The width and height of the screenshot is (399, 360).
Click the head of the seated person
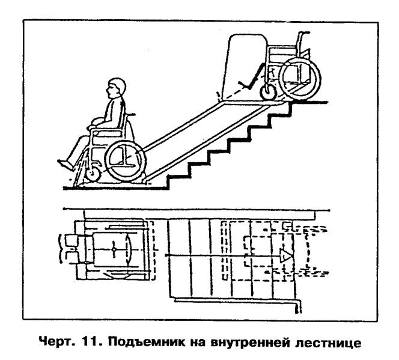117,88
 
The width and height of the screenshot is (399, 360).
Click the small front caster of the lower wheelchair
93,175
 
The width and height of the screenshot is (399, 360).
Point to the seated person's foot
65,164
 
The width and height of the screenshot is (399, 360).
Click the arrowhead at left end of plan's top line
65,209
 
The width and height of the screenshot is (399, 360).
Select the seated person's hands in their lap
95,124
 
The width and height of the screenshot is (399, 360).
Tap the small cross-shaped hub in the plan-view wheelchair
114,249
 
